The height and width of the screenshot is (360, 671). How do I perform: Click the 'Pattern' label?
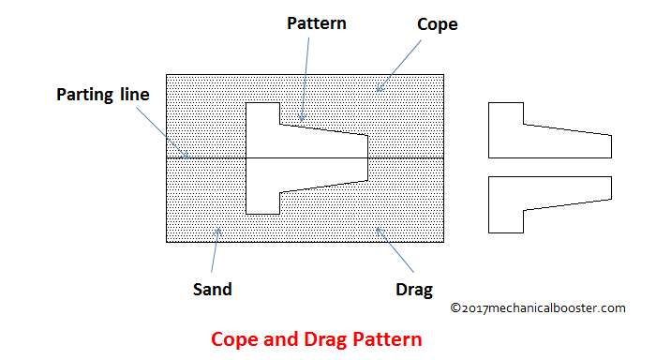coord(316,23)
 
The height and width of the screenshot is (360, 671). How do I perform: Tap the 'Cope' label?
coord(437,24)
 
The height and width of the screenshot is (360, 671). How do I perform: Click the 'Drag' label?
coord(413,289)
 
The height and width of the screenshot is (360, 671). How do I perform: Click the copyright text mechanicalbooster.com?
coord(537,307)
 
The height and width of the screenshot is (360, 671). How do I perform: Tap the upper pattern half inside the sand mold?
coord(300,138)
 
